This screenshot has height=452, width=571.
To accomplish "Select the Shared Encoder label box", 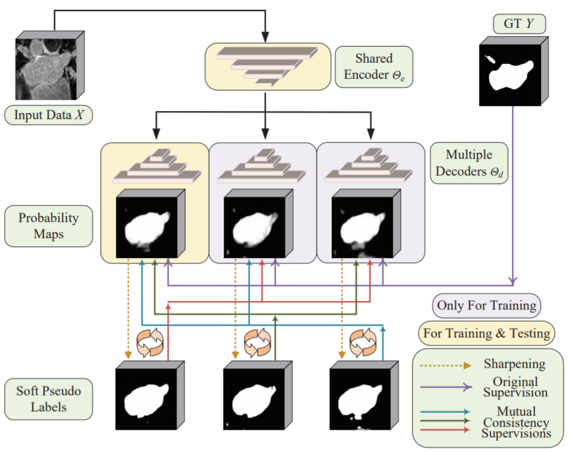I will click(x=373, y=67).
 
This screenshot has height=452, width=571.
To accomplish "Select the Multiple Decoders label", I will click(x=469, y=162).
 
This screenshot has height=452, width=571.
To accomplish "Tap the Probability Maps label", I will click(x=48, y=227).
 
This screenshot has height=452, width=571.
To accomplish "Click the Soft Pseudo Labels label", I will click(x=49, y=399).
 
